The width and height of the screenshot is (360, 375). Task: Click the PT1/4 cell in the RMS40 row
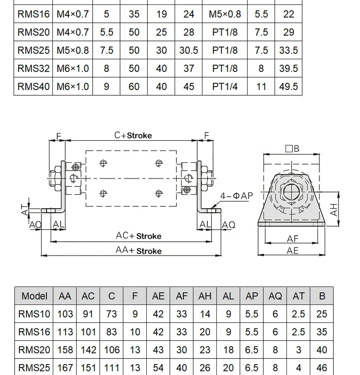coord(225,87)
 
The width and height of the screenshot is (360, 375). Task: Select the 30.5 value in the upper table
coord(189,51)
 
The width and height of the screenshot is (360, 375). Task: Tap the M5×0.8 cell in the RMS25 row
coord(73,51)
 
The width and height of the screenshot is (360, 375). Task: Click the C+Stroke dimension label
coord(133,135)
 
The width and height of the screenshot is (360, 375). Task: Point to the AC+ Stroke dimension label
coord(138,236)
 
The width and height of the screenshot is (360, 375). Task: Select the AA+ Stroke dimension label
coord(138,250)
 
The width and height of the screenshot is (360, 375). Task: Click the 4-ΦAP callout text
coord(237,196)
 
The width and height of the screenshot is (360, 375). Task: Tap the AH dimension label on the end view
coord(333,210)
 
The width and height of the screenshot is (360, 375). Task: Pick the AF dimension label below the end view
coord(293,238)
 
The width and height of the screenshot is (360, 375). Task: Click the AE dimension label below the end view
coord(292,250)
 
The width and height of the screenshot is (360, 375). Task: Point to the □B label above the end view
coord(292,148)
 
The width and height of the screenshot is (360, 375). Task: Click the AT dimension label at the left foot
coord(25,210)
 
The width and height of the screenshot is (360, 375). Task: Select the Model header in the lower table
coord(34,296)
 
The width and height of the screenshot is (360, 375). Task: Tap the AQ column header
coord(275,296)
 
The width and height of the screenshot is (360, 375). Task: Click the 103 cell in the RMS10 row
coord(65,314)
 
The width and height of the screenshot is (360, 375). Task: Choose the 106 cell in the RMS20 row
coord(112,350)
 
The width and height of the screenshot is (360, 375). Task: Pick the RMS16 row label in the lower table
coord(34,332)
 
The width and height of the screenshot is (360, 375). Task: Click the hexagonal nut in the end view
coord(292,192)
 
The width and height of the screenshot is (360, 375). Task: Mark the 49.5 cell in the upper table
coord(288,87)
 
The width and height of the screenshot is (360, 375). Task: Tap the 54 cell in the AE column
coord(158,368)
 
